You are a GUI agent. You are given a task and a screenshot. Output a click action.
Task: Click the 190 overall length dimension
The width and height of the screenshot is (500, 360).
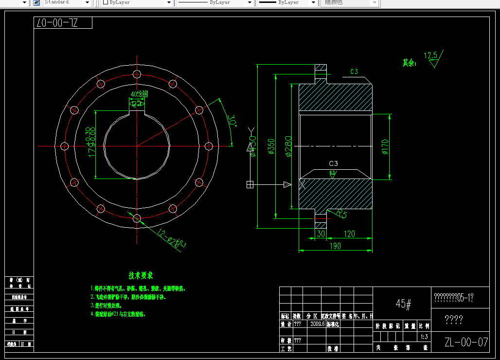click(335, 246)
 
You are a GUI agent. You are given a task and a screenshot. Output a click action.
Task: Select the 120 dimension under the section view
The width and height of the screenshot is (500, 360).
click(349, 234)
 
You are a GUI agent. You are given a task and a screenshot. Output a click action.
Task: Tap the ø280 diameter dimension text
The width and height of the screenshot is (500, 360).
click(287, 147)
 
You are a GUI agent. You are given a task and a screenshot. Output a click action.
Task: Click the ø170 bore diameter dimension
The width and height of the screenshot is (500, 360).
click(385, 146)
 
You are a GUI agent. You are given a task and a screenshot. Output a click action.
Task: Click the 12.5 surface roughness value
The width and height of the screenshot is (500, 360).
click(430, 55)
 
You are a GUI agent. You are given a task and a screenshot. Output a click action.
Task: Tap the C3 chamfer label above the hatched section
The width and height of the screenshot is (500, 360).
click(354, 72)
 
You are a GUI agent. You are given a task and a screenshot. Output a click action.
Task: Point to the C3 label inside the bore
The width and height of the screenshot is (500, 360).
click(333, 163)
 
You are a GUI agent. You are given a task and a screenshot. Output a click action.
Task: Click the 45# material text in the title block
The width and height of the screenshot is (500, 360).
click(404, 304)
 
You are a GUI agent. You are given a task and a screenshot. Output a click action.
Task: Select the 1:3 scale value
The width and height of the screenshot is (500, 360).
click(424, 336)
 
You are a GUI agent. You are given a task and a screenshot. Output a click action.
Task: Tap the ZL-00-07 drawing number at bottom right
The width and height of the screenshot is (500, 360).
click(466, 342)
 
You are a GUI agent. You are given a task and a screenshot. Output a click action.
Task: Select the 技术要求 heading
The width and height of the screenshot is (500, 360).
click(141, 275)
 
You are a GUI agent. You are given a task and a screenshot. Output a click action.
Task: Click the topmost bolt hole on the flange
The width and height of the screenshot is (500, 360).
click(137, 74)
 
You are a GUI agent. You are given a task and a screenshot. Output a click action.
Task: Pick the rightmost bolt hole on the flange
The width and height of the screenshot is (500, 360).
click(209, 145)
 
